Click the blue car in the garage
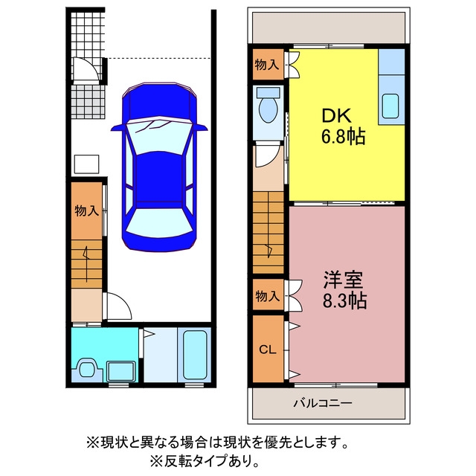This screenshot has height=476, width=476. click(159, 167)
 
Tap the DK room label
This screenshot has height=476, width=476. click(336, 116)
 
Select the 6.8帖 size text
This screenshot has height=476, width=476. click(343, 137)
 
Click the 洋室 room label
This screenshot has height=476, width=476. click(343, 280)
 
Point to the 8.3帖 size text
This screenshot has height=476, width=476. click(344, 300)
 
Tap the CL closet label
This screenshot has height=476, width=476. click(268, 350)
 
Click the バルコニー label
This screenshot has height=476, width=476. click(323, 403)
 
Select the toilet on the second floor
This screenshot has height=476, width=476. click(268, 106)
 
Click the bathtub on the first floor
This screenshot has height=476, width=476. click(195, 355)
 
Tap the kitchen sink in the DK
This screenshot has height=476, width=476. click(390, 106)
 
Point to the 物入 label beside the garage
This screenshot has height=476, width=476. click(87, 210)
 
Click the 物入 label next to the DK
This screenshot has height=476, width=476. click(267, 65)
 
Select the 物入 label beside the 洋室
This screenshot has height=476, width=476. click(268, 296)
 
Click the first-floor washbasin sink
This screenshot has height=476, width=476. click(88, 368)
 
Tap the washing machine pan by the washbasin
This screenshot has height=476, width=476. click(121, 371)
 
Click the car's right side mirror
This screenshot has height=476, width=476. click(201, 127)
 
